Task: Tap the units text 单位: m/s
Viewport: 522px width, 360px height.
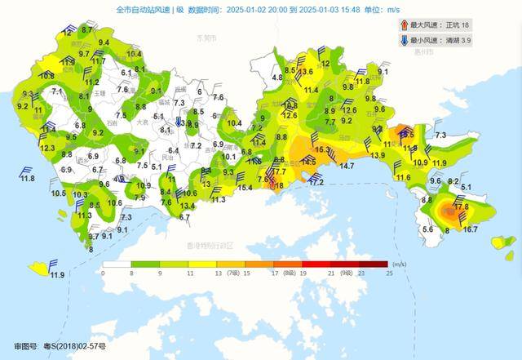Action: [x=394, y=10]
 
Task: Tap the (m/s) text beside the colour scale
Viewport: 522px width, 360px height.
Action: [x=399, y=264]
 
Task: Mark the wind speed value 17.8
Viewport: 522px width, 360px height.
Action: [x=461, y=207]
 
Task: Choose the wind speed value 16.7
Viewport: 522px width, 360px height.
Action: [x=470, y=229]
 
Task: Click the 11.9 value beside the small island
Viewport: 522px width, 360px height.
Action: [x=56, y=275]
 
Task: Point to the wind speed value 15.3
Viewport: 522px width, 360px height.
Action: [x=322, y=150]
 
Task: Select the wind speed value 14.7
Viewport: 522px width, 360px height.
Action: [x=347, y=167]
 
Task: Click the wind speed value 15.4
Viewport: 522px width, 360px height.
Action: [x=245, y=188]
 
